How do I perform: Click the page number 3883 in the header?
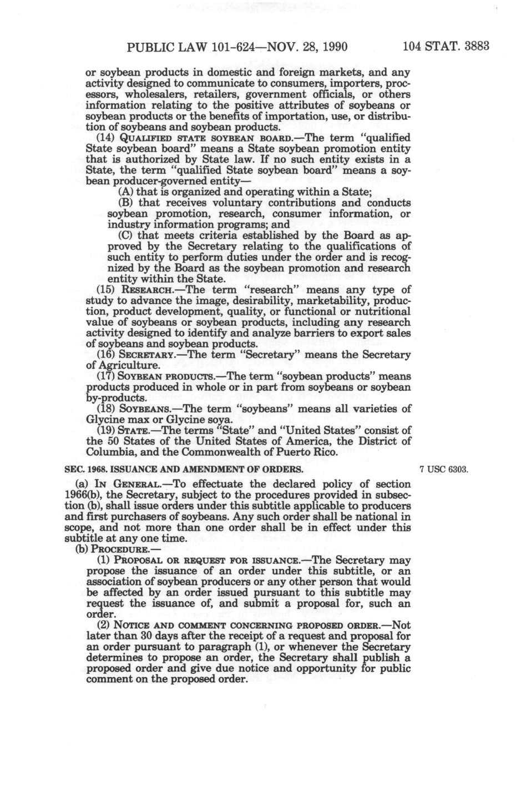475,46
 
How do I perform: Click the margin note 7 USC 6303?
445,470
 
